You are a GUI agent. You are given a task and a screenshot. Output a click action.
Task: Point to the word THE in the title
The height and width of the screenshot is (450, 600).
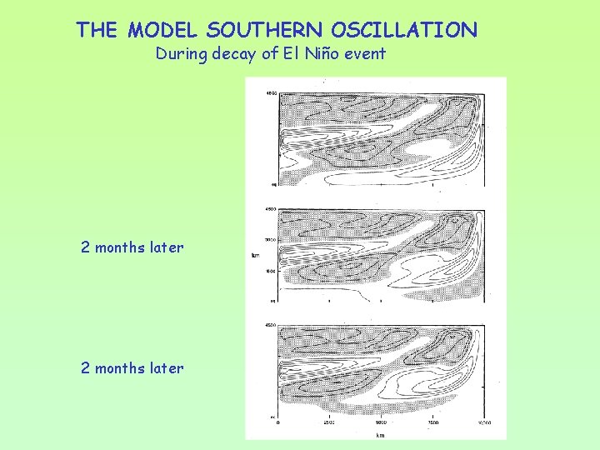tap(97, 31)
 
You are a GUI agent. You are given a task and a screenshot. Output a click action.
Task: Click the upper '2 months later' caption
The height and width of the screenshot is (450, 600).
tap(132, 247)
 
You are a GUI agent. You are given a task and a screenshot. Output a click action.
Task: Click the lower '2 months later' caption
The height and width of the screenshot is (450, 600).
tap(132, 367)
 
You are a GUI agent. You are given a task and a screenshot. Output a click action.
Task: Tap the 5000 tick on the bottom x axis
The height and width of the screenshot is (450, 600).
tap(380, 422)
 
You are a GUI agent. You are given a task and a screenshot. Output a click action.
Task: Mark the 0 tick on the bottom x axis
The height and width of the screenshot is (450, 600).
tap(277, 422)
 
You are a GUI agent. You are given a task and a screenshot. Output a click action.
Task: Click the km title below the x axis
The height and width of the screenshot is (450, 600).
tap(381, 434)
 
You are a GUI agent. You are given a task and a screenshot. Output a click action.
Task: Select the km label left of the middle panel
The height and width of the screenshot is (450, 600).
tap(255, 255)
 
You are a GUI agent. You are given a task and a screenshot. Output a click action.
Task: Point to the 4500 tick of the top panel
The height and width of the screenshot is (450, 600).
tap(270, 92)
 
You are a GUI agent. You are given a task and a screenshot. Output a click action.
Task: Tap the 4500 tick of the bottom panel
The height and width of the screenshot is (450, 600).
tap(270, 324)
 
